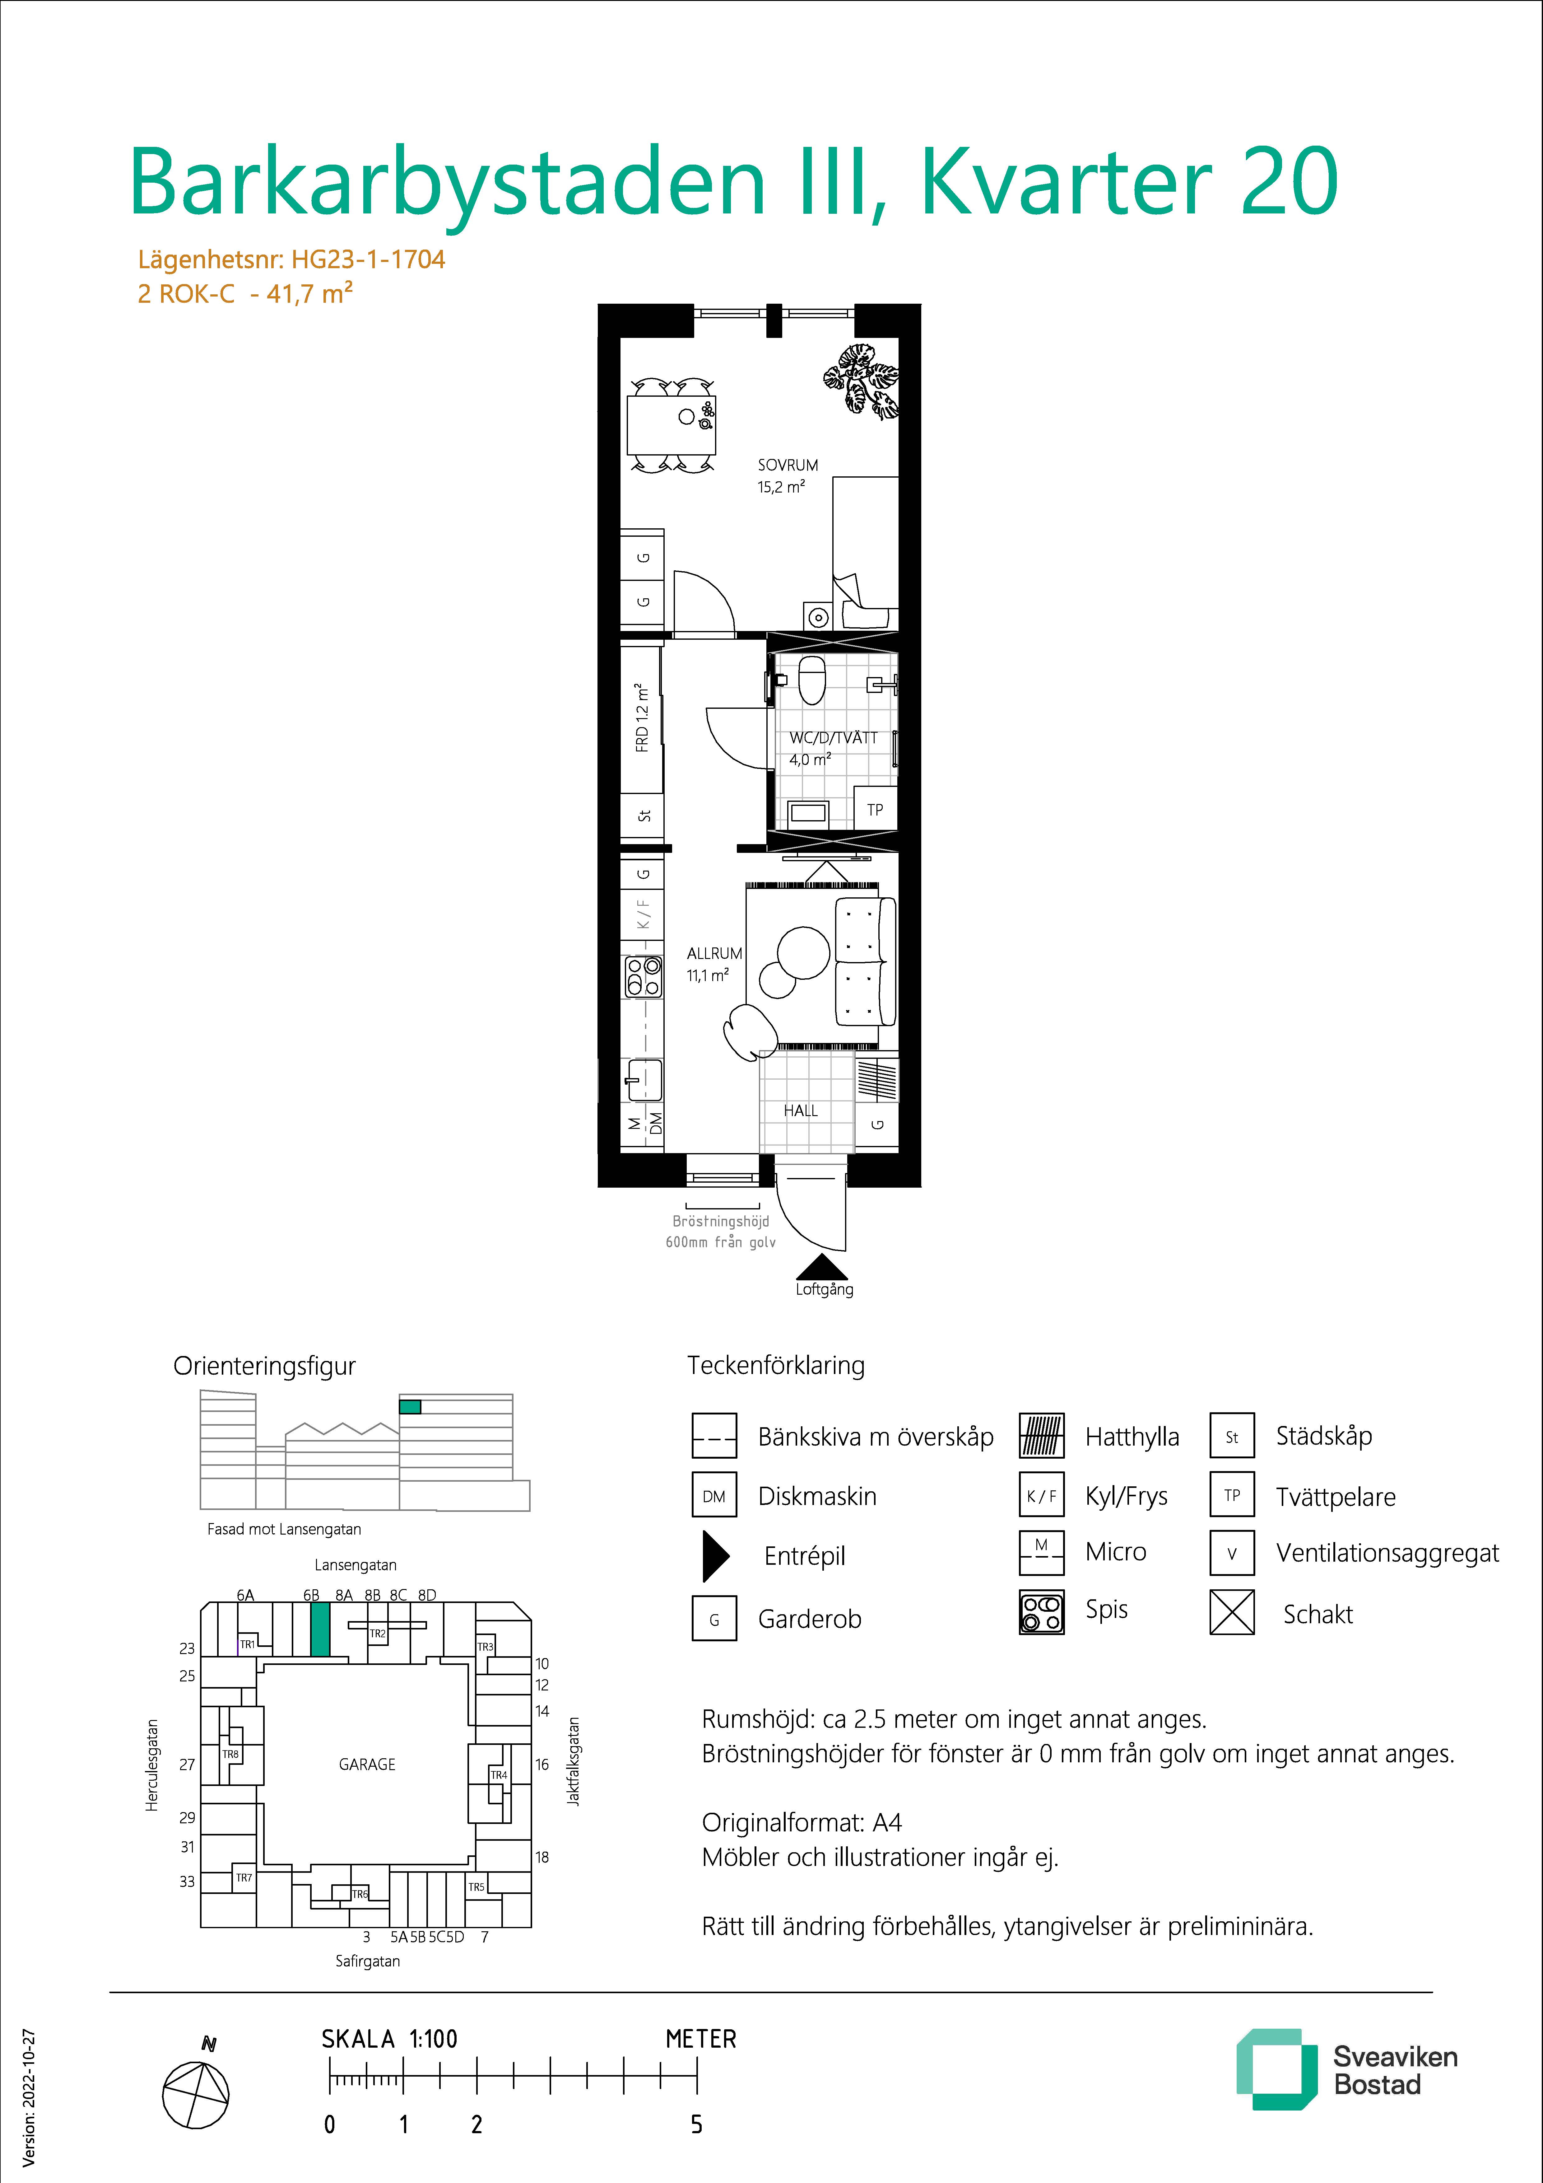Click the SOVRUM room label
(787, 465)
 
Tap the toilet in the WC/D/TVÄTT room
(812, 678)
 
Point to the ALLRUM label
(714, 953)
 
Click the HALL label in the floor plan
(801, 1110)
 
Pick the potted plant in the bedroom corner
(861, 380)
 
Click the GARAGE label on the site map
(367, 1764)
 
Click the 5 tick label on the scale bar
(697, 2124)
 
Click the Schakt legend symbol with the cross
(1232, 1613)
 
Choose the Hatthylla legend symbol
(1041, 1436)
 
